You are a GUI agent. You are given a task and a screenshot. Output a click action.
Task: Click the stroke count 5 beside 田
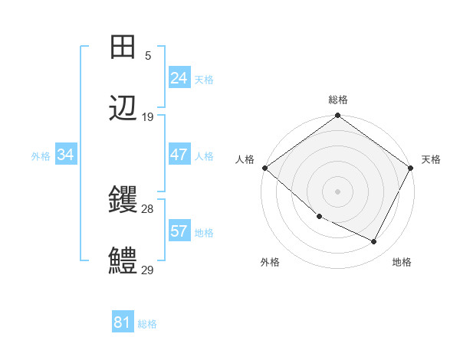pyautogui.click(x=148, y=55)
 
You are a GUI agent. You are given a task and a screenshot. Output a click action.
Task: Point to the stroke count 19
pyautogui.click(x=148, y=117)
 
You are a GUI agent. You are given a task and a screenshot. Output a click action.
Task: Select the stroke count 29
pyautogui.click(x=148, y=270)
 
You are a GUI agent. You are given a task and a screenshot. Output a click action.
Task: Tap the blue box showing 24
pyautogui.click(x=179, y=78)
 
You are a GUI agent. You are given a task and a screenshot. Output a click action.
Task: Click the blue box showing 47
pyautogui.click(x=179, y=155)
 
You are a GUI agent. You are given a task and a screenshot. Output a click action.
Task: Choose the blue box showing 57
pyautogui.click(x=179, y=231)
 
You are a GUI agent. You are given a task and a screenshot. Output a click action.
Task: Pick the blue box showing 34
pyautogui.click(x=66, y=155)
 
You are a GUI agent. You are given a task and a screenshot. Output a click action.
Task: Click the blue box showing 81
pyautogui.click(x=123, y=322)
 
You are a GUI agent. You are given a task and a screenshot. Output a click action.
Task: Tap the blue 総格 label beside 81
pyautogui.click(x=147, y=324)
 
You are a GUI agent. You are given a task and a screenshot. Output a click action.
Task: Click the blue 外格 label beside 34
pyautogui.click(x=41, y=155)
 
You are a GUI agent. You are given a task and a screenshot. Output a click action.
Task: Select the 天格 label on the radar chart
pyautogui.click(x=431, y=159)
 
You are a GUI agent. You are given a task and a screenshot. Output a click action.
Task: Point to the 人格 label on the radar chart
pyautogui.click(x=245, y=159)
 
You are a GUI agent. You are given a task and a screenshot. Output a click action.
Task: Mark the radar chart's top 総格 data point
pyautogui.click(x=337, y=116)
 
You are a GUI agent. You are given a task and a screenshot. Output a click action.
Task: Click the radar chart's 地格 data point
pyautogui.click(x=374, y=242)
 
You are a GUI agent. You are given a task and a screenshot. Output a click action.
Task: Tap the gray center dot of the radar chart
pyautogui.click(x=337, y=191)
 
